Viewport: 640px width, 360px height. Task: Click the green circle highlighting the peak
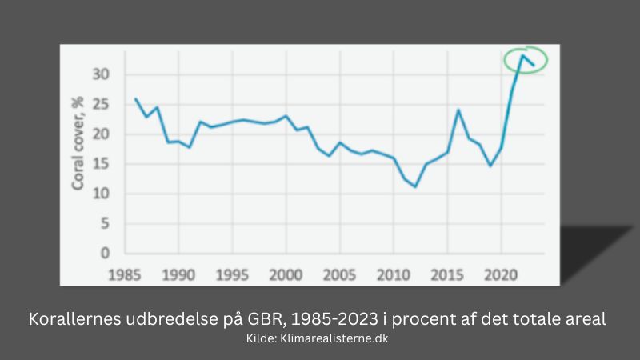526,59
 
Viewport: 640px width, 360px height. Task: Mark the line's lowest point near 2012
415,186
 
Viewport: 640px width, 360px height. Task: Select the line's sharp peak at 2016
458,110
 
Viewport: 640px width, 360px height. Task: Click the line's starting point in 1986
135,99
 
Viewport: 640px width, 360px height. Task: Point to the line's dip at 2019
490,166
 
